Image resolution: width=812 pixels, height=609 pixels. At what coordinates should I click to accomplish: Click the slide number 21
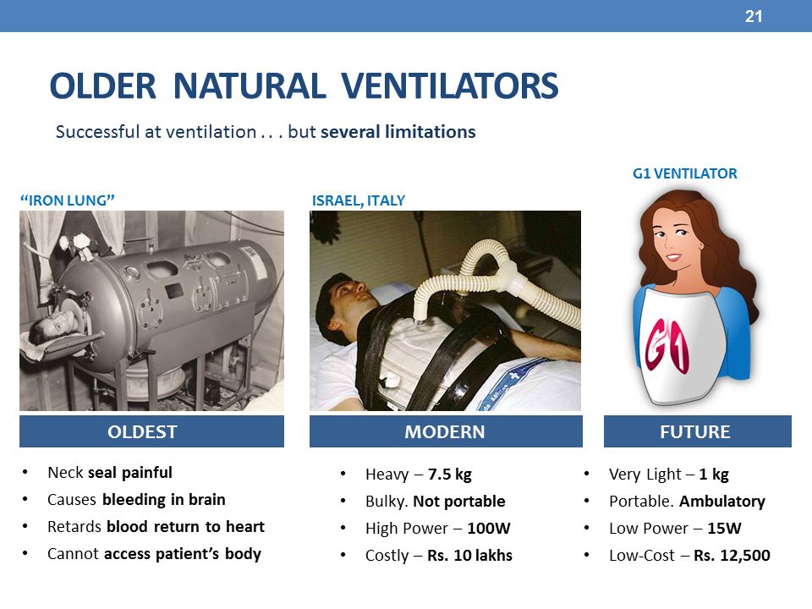[754, 17]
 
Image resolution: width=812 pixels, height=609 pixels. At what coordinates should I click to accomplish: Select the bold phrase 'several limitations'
[398, 132]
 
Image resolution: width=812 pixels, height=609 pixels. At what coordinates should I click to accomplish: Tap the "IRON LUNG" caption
[68, 200]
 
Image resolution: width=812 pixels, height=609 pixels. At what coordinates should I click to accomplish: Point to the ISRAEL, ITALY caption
[359, 200]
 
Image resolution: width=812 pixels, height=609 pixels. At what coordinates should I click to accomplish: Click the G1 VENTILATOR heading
[684, 173]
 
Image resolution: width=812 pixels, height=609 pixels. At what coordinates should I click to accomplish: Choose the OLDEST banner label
[142, 432]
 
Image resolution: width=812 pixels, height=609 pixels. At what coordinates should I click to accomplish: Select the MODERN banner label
[445, 432]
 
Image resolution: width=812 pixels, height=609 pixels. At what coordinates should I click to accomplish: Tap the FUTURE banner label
[695, 432]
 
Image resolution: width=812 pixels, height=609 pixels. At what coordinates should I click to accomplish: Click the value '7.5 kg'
[449, 475]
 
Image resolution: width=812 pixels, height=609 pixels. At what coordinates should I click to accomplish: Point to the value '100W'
[488, 528]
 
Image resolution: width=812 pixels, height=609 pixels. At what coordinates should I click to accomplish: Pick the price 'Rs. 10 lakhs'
[469, 555]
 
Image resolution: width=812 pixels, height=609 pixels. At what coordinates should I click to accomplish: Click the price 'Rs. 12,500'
[732, 555]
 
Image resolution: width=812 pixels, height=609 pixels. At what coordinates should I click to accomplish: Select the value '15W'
[724, 528]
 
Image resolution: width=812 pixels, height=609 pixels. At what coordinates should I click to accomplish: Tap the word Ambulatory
[721, 502]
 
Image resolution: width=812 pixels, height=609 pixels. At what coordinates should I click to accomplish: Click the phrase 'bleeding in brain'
[163, 499]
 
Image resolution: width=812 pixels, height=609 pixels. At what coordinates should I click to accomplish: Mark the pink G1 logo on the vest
[667, 344]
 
